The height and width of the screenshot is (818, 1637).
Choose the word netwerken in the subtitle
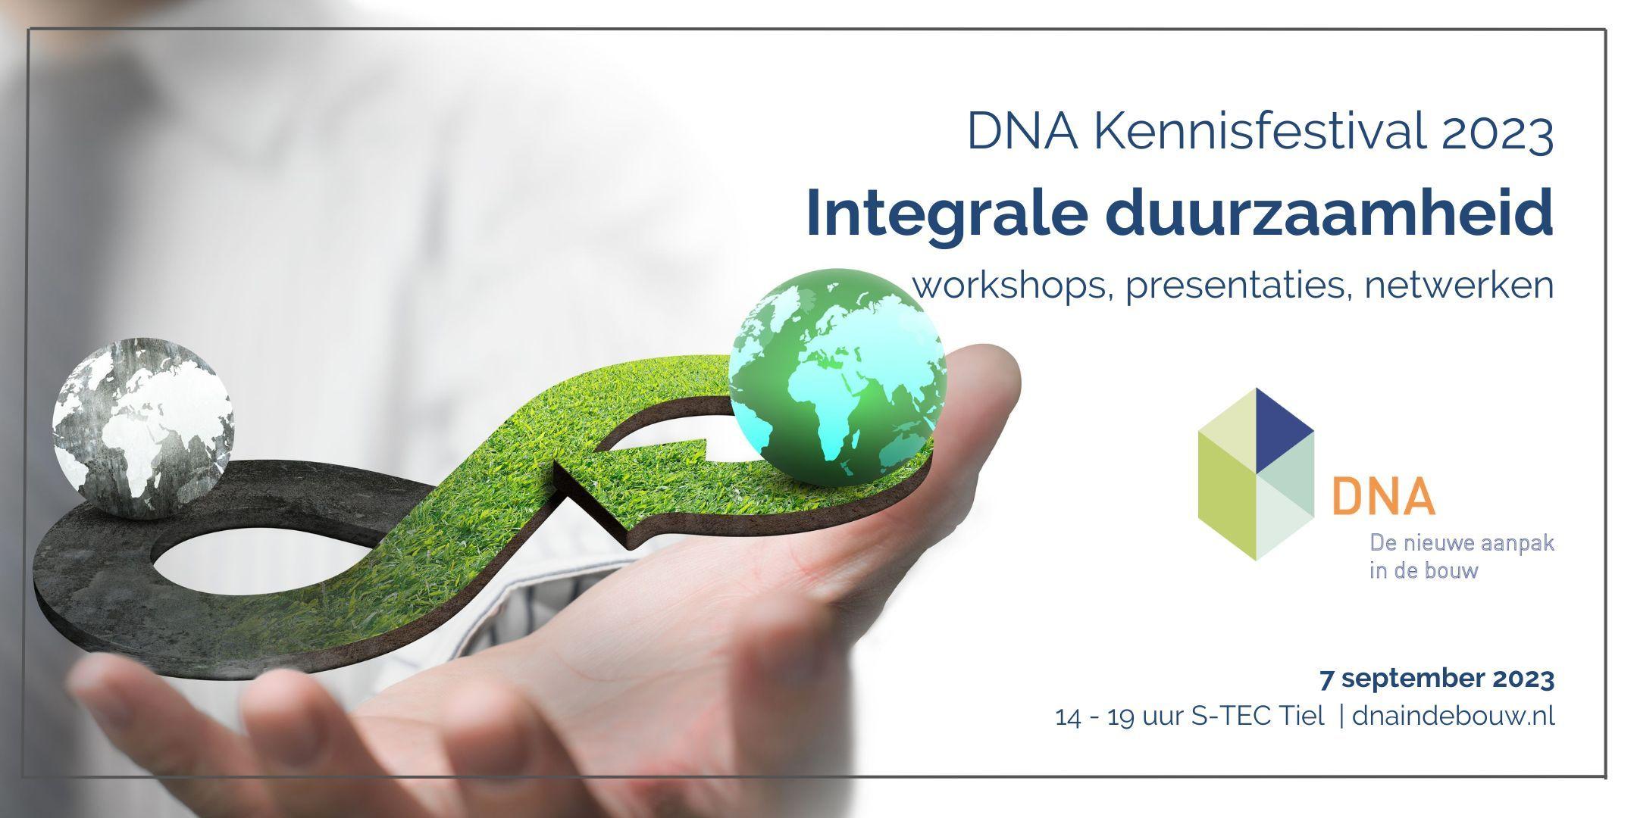(x=1454, y=286)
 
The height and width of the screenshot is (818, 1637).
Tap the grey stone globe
(x=143, y=427)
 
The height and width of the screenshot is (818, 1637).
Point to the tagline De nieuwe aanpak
(x=1462, y=543)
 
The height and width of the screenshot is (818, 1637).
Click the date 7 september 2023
(x=1437, y=679)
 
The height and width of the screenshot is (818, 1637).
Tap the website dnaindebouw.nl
(x=1454, y=716)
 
